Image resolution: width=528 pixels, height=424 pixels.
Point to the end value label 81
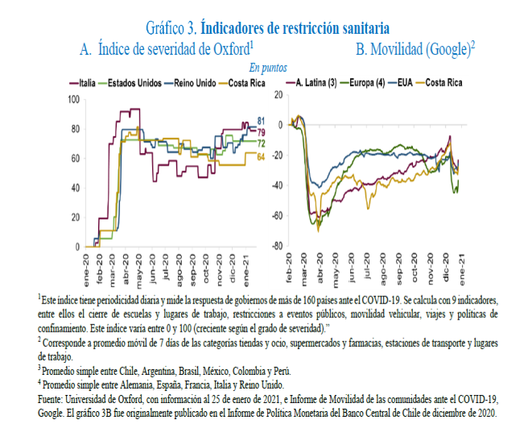coord(261,121)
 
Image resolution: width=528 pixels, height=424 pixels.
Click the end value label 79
coord(261,130)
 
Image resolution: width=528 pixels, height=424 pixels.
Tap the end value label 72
coord(261,142)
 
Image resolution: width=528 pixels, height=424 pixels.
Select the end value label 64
coord(261,156)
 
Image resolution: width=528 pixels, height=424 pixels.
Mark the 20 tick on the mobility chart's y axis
coord(278,95)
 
